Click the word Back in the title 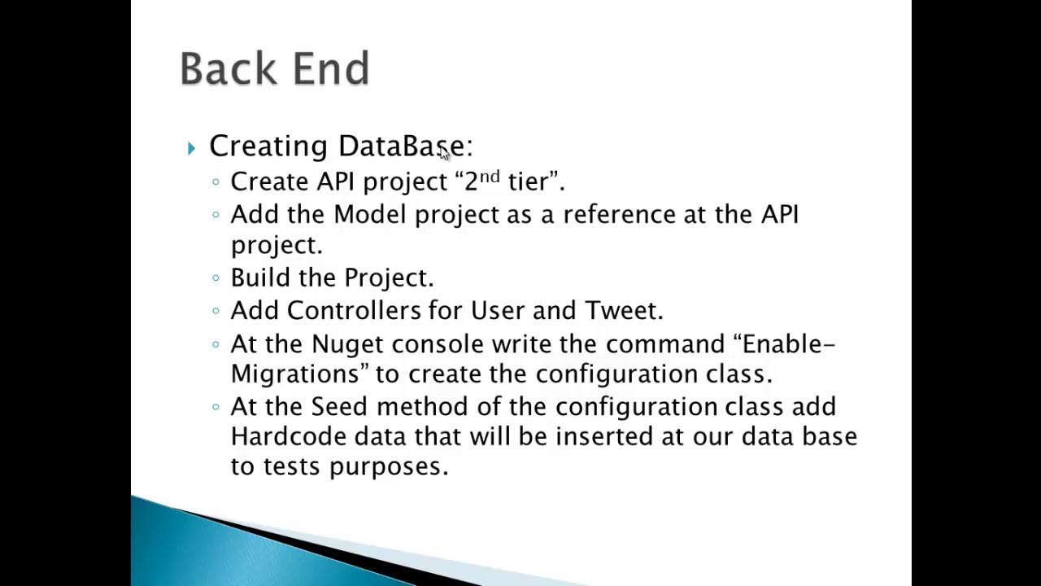click(229, 68)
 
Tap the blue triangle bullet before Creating click(191, 148)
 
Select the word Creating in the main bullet click(268, 146)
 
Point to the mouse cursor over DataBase click(445, 153)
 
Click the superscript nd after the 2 click(489, 177)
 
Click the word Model click(370, 214)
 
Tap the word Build click(260, 278)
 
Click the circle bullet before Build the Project click(216, 278)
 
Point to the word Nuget click(347, 344)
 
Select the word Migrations click(295, 374)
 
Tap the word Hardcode click(289, 436)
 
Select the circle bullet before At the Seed click(216, 407)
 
